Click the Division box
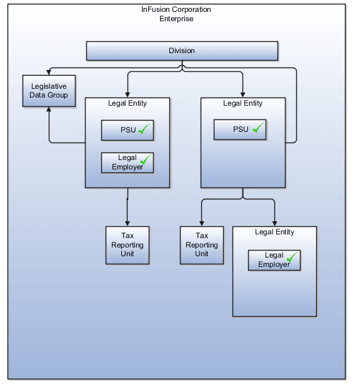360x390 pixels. click(181, 51)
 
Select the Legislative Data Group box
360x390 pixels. click(49, 91)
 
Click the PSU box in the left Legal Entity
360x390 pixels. click(127, 131)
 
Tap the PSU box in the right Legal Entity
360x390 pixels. click(240, 130)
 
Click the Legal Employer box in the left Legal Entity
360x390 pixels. click(127, 162)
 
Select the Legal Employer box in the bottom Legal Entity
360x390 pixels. click(274, 260)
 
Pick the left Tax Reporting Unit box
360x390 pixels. click(127, 245)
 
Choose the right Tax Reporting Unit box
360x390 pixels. click(202, 245)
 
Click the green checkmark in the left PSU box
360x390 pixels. click(145, 130)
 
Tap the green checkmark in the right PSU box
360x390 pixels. click(257, 129)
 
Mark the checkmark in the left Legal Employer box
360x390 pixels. click(146, 160)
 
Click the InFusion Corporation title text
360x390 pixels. click(176, 10)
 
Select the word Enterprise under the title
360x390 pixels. click(176, 19)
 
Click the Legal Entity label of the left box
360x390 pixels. click(127, 103)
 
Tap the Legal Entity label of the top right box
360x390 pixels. click(242, 103)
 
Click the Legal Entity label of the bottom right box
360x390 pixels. click(274, 232)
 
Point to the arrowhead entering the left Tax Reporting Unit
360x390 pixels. click(127, 222)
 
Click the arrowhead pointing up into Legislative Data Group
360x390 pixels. click(49, 110)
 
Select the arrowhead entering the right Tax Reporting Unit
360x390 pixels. click(202, 222)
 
